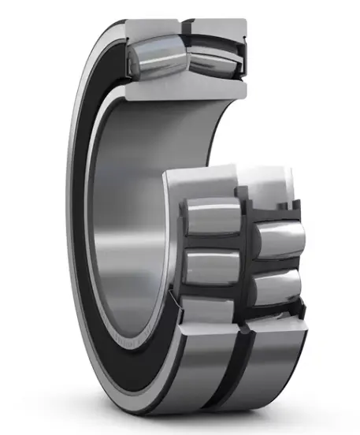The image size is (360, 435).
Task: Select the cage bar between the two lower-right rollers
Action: point(276,262)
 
